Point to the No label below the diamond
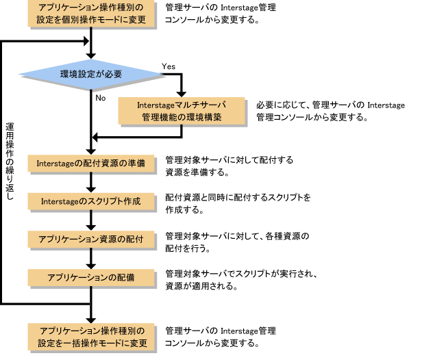point(101,97)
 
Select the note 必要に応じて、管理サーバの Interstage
point(331,105)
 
